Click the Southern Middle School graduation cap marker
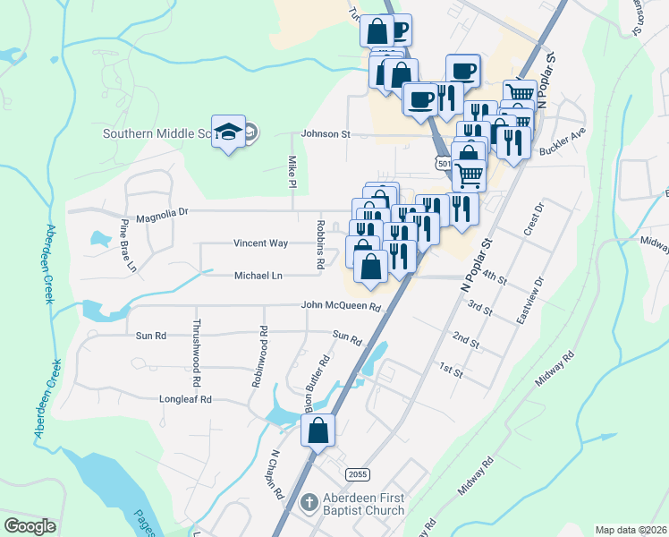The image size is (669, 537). [229, 132]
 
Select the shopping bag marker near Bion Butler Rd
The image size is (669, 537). [318, 430]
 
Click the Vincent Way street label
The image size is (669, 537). [260, 243]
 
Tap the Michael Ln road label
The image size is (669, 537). [258, 276]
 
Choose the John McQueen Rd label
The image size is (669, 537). [341, 306]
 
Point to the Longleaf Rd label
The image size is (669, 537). [185, 399]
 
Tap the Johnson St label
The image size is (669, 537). [326, 134]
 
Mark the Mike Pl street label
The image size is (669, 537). [292, 172]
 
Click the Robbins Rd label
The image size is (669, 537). [318, 243]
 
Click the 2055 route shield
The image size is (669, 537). [358, 473]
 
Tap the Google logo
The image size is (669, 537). [30, 526]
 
